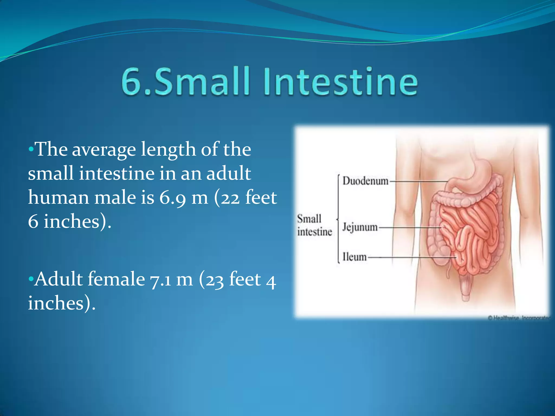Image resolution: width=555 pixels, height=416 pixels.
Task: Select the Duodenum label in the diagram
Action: coord(365,181)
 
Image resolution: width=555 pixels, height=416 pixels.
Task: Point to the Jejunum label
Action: coord(360,227)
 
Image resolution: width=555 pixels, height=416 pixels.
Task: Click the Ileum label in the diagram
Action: coord(354,257)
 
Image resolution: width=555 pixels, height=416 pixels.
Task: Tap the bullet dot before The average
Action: coord(31,149)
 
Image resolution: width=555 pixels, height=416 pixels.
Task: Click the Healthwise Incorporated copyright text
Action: coord(519,318)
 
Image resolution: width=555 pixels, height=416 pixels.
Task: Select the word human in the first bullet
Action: coord(59,197)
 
